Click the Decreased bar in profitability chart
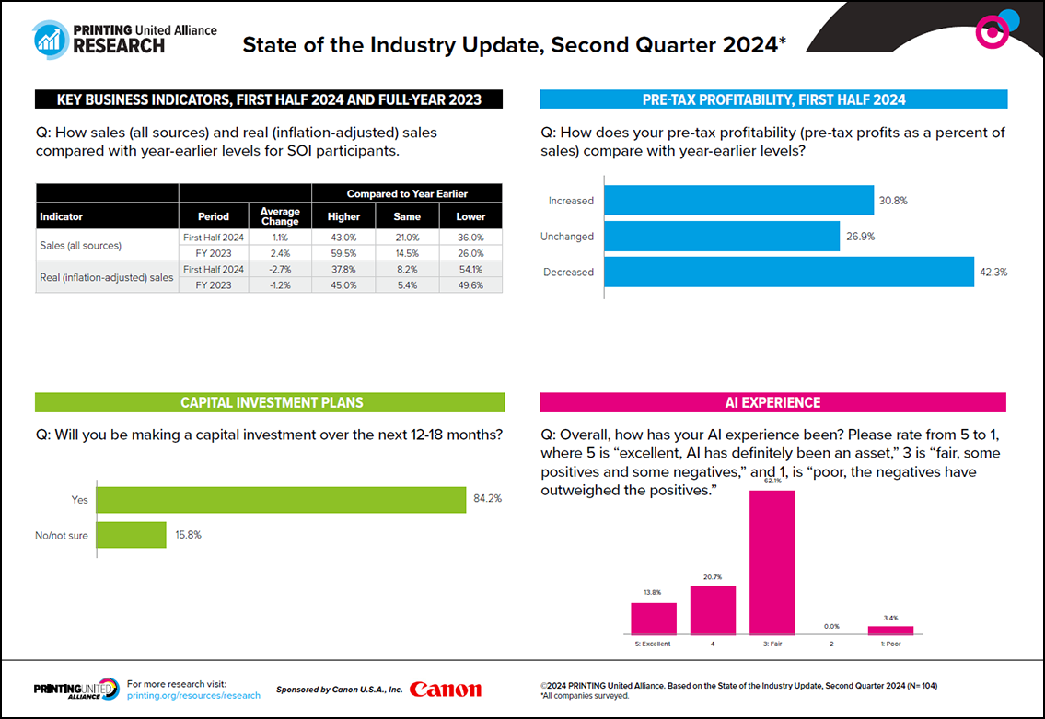[789, 272]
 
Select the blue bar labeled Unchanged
[722, 237]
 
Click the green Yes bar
[281, 500]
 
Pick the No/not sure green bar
[131, 535]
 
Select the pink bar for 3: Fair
[772, 562]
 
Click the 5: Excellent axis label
[653, 644]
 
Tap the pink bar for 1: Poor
[890, 631]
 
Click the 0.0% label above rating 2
[831, 626]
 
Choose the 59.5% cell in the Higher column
[343, 253]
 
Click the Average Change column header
[280, 216]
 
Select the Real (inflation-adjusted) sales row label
[106, 277]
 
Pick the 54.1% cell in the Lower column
[470, 269]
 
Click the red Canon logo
[445, 690]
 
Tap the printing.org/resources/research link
[193, 696]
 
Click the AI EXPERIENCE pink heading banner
[772, 402]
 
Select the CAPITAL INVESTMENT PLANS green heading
[270, 402]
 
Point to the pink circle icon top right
[991, 32]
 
